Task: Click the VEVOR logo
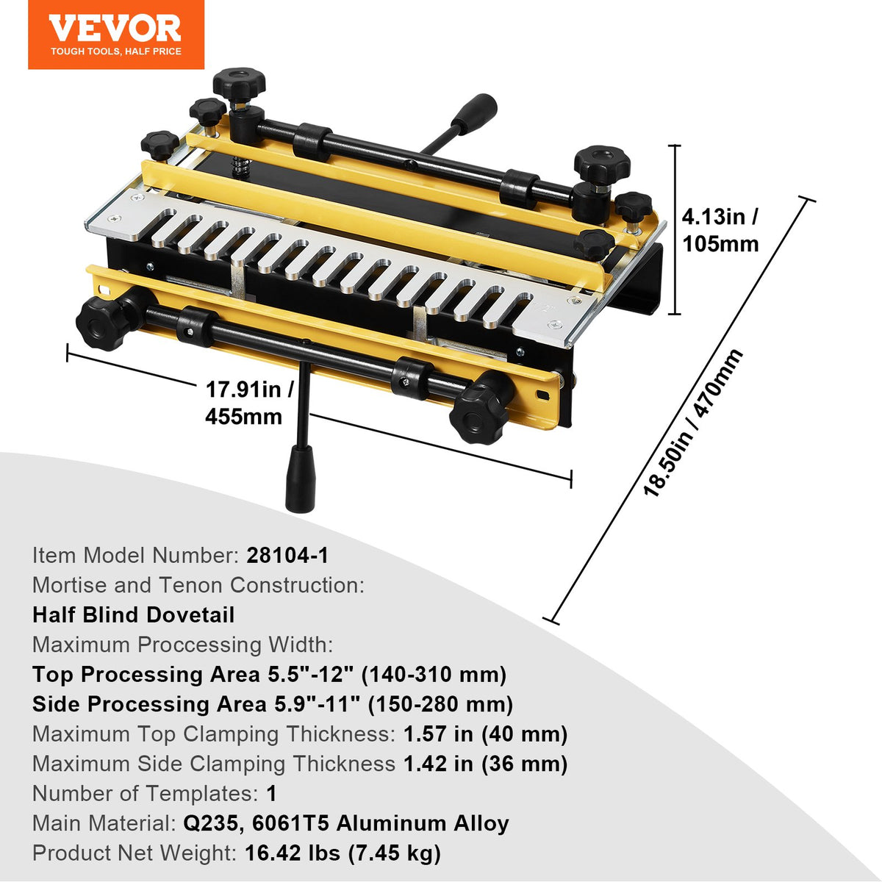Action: tap(115, 28)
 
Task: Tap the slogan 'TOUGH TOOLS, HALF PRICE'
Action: tap(116, 51)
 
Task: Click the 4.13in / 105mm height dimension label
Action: tap(720, 230)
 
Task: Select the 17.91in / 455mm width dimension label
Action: tap(248, 403)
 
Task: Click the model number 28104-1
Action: tap(287, 555)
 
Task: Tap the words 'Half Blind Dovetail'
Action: tap(133, 614)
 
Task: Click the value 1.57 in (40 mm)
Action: tap(485, 734)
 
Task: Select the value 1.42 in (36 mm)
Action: tap(485, 764)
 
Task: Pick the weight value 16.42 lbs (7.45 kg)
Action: tap(343, 853)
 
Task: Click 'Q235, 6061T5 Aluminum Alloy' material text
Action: tap(345, 823)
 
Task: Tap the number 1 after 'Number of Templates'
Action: tap(271, 793)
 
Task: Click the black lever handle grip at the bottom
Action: tap(300, 478)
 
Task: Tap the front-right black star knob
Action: tap(481, 407)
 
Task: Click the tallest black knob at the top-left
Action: tap(239, 84)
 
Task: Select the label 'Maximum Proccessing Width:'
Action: tap(182, 645)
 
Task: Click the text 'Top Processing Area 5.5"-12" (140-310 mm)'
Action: tap(269, 674)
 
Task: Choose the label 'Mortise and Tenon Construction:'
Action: tap(198, 585)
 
